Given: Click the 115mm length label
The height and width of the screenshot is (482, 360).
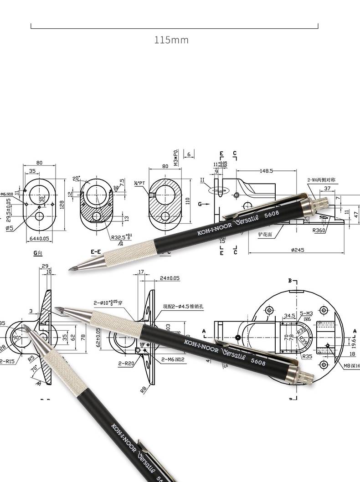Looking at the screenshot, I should coord(171,40).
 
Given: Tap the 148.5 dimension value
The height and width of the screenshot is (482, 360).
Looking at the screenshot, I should coord(266,171).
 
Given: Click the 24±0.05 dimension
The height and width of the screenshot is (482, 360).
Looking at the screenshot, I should coord(170,278).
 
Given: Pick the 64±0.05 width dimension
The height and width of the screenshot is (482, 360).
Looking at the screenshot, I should coord(39,238).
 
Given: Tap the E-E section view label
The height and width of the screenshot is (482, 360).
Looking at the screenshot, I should coord(96,251).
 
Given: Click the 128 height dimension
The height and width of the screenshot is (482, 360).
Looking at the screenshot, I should coord(62,205).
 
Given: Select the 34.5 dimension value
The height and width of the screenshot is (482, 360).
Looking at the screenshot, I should coord(289,315).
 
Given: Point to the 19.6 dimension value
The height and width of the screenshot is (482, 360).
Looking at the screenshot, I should coord(354,339).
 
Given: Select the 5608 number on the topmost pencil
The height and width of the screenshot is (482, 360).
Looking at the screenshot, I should coord(270,213).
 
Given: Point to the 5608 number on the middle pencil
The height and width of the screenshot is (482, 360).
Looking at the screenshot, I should coord(258,362).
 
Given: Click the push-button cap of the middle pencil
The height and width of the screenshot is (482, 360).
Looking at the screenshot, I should coord(306,376).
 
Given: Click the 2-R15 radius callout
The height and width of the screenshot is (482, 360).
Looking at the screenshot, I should coord(7,361).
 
